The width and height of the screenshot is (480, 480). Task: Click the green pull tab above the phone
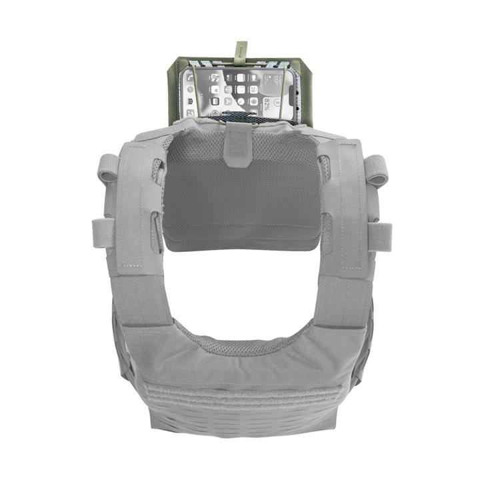pos(241,50)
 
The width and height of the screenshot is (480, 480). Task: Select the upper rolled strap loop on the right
pos(377,169)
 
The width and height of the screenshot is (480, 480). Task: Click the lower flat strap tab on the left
pos(101,234)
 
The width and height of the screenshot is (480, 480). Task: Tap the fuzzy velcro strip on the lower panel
pos(240,394)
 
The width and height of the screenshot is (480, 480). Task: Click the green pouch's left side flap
pos(176,90)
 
